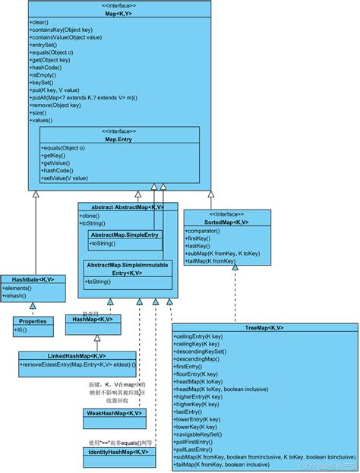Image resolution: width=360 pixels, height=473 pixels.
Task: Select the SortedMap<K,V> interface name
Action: point(226,222)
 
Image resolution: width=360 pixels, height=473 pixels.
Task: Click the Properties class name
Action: point(33,321)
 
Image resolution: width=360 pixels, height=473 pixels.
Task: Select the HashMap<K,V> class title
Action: point(93,320)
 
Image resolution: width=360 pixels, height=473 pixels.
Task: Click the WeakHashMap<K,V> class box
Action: point(112,413)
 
